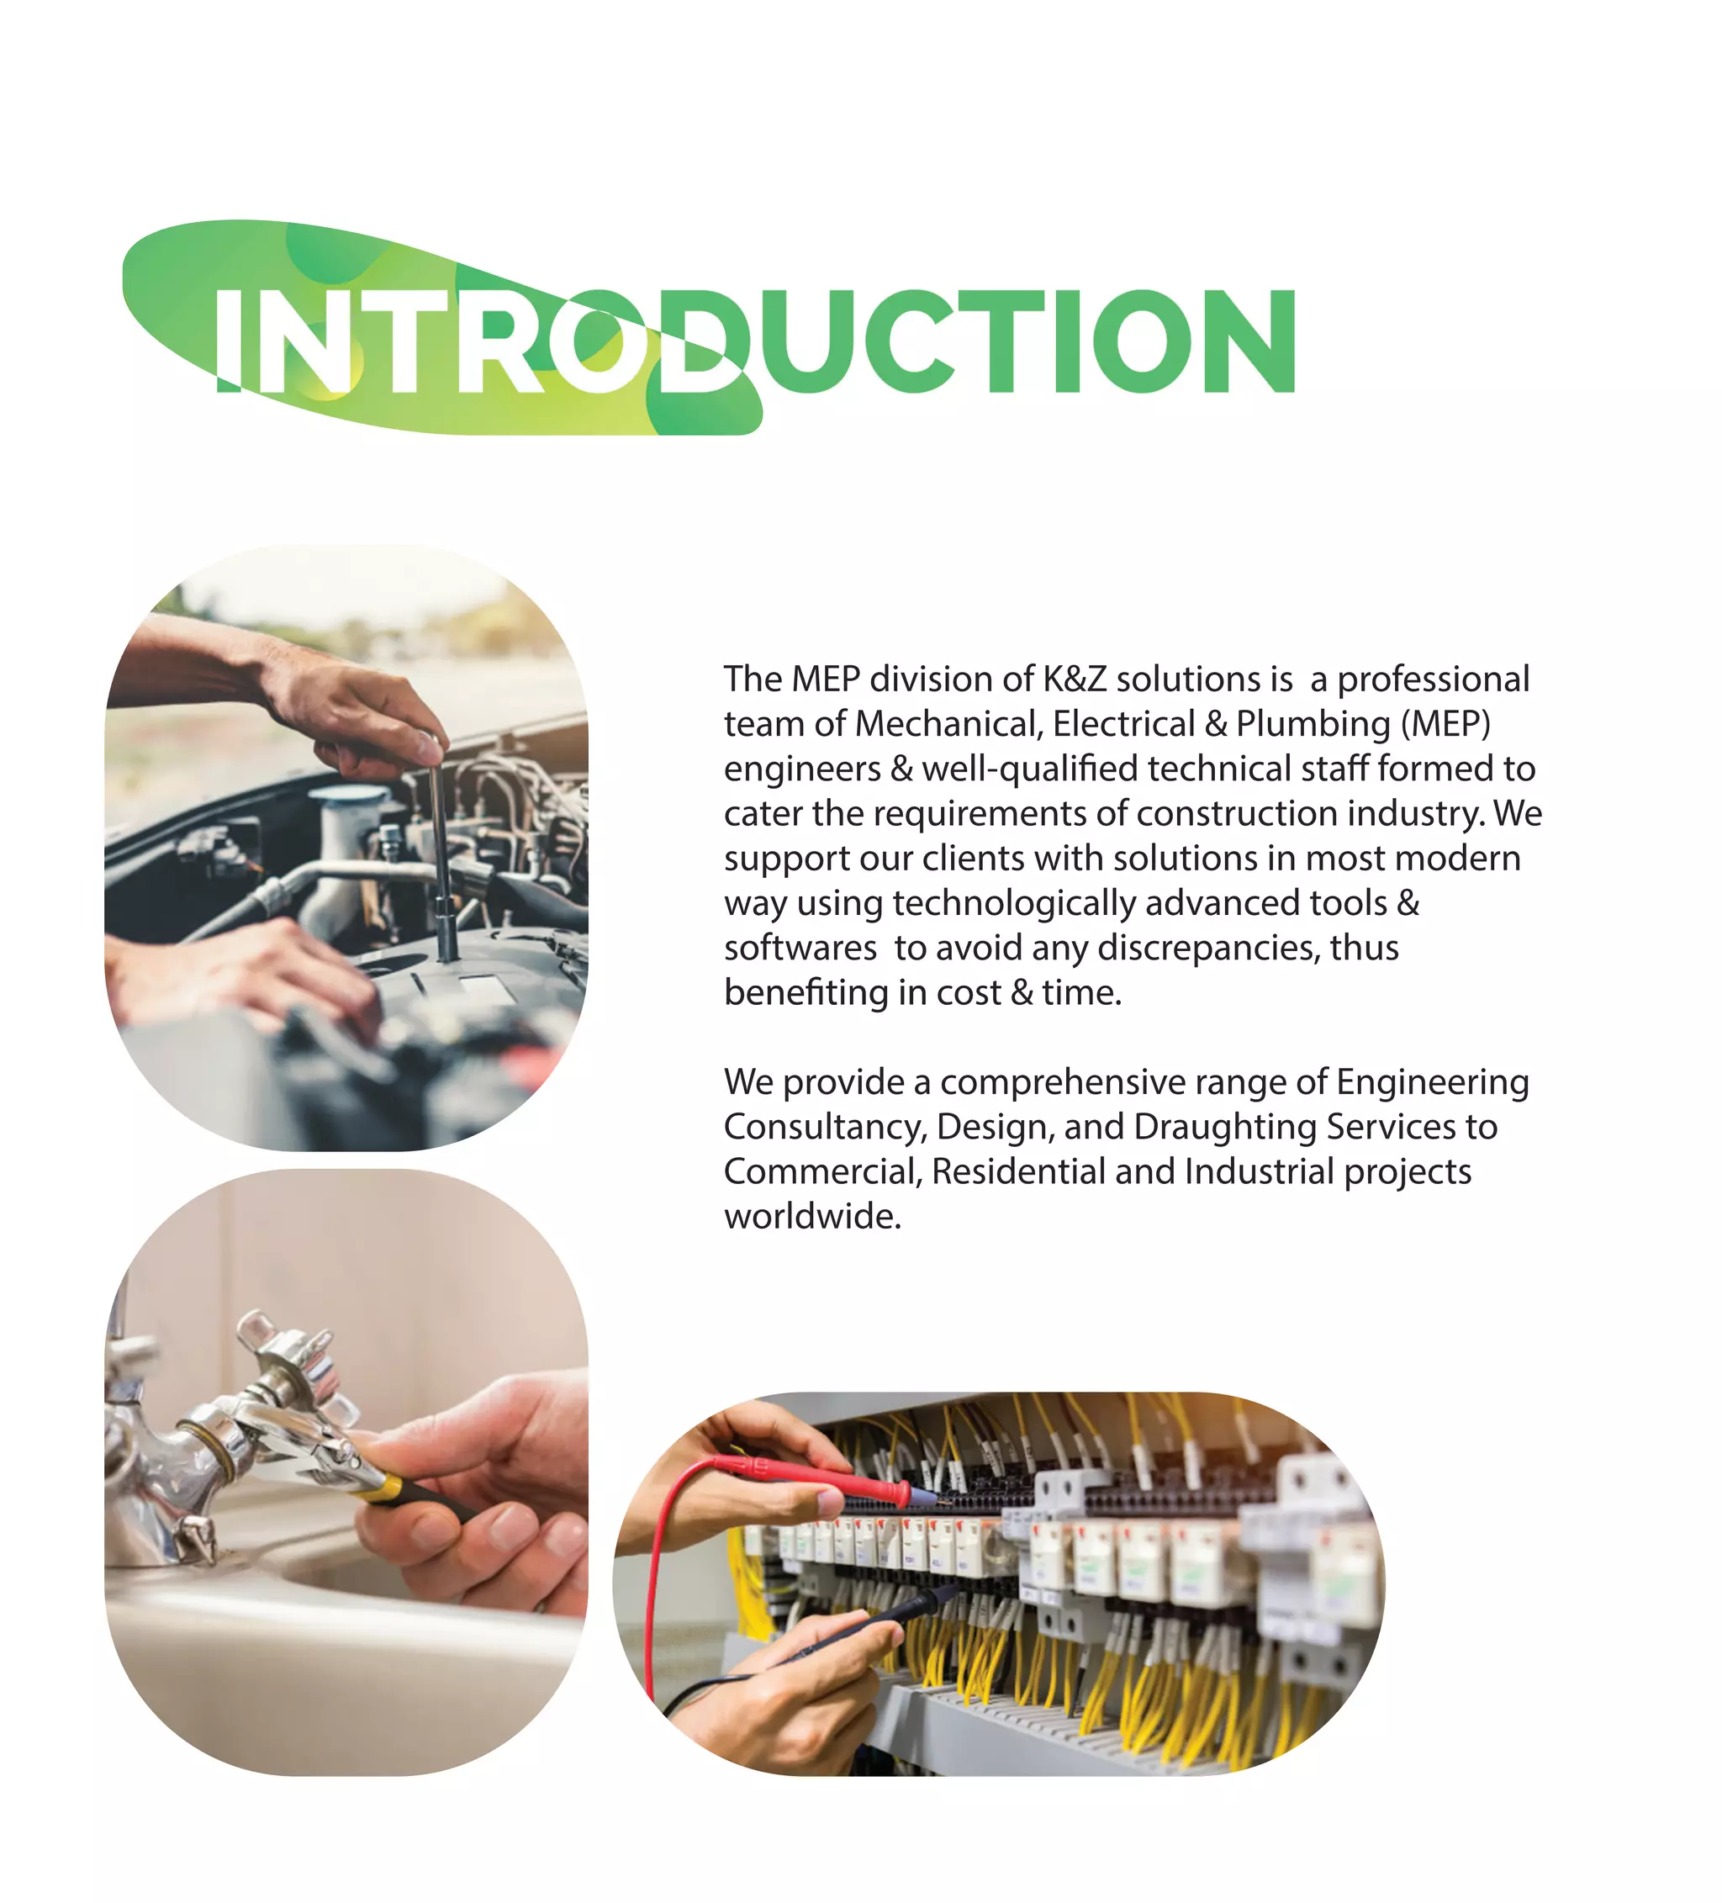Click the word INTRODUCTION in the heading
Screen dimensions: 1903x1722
(x=755, y=341)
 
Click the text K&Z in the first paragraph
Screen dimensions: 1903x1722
(x=1074, y=679)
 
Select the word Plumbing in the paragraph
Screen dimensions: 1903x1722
(x=1313, y=724)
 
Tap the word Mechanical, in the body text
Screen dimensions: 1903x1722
(x=948, y=724)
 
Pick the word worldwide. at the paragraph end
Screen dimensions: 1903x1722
(x=812, y=1217)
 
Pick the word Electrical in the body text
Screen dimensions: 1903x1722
(x=1122, y=724)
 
